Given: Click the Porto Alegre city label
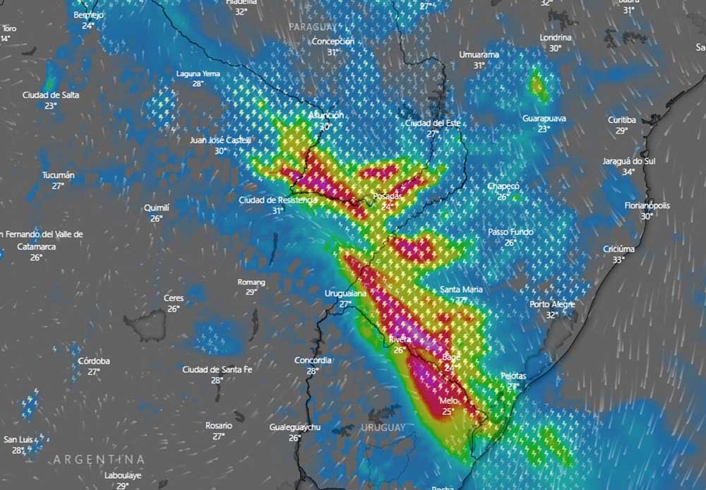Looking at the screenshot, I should pyautogui.click(x=553, y=304).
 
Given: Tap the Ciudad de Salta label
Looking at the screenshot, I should pyautogui.click(x=51, y=95).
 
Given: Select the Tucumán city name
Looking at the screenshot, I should pyautogui.click(x=58, y=175).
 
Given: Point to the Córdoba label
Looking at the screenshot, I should pyautogui.click(x=94, y=361).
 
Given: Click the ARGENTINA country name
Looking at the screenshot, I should pyautogui.click(x=99, y=459).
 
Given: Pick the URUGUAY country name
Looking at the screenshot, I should pyautogui.click(x=383, y=428).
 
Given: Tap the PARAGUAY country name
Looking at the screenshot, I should pyautogui.click(x=313, y=26).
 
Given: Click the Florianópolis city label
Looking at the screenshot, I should pyautogui.click(x=647, y=205).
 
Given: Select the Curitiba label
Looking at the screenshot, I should pyautogui.click(x=622, y=120).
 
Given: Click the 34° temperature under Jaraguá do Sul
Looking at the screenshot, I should pyautogui.click(x=628, y=172).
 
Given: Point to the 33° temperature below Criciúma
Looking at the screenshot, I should pyautogui.click(x=618, y=259).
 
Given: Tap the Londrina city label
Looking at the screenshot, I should pyautogui.click(x=555, y=37).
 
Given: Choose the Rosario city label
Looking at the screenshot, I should pyautogui.click(x=219, y=426).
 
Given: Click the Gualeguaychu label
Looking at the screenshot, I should pyautogui.click(x=295, y=428).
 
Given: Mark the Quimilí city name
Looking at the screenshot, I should pyautogui.click(x=156, y=208).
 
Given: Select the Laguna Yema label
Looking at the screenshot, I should pyautogui.click(x=198, y=73).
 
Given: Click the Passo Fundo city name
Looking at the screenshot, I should pyautogui.click(x=510, y=232).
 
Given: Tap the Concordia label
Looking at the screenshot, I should pyautogui.click(x=313, y=360).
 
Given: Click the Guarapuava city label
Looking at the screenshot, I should pyautogui.click(x=544, y=119).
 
